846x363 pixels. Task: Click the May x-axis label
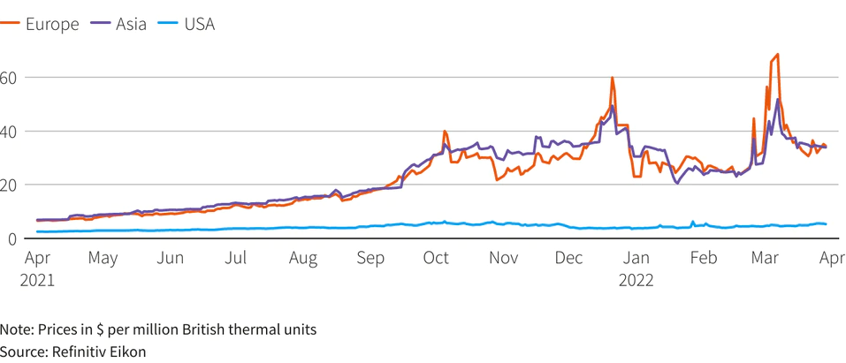click(103, 259)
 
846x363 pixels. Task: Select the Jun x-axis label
click(171, 259)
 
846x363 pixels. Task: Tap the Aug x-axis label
click(303, 259)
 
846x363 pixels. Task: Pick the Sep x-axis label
click(370, 259)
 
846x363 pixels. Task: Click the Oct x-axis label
click(436, 259)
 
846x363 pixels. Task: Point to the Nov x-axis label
click(503, 259)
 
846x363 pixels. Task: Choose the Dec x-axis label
click(569, 259)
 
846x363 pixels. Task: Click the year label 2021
click(38, 281)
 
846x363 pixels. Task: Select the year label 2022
click(636, 281)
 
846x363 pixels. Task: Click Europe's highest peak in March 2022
click(776, 55)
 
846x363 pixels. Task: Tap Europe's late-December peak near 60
click(612, 78)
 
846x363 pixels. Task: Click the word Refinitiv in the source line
click(83, 352)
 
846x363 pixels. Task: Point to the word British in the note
click(212, 329)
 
